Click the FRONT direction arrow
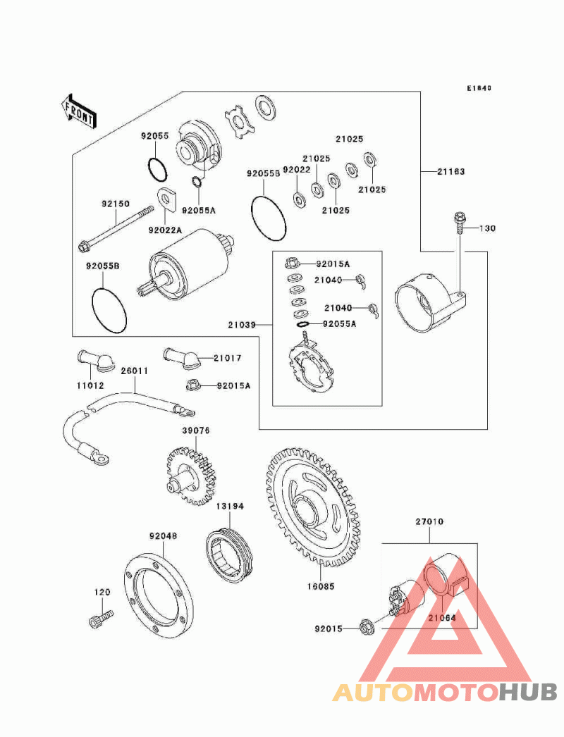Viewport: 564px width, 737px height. coord(78,111)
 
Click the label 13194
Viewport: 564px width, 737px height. coord(230,507)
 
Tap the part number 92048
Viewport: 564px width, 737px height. coord(163,535)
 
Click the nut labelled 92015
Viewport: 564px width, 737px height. coord(367,626)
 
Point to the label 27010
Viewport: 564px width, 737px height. coord(429,522)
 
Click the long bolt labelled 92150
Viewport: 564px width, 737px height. coord(116,228)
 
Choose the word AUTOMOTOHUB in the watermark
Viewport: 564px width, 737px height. coord(445,692)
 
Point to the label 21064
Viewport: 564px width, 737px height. coord(443,617)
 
